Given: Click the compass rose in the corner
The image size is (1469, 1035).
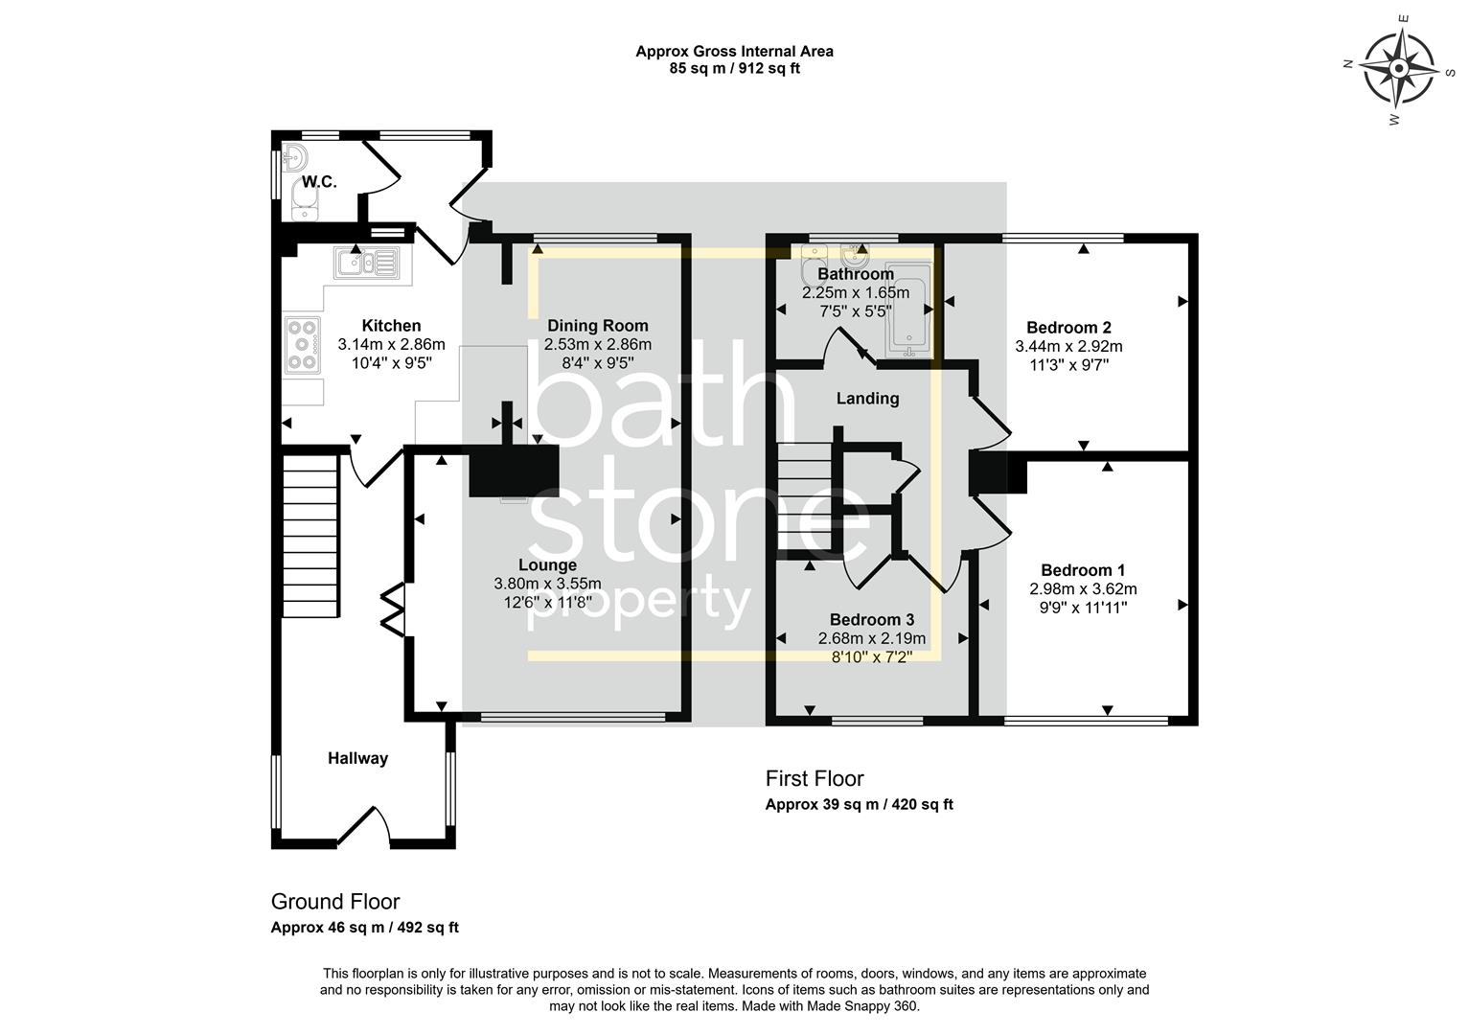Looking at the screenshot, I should tap(1398, 69).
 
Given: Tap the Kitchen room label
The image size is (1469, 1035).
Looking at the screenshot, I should tap(391, 326).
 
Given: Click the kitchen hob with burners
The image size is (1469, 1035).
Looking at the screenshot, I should tap(303, 343).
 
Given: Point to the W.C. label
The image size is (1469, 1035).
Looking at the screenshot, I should tap(320, 182).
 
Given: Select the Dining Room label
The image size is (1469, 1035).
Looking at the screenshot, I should tap(597, 326).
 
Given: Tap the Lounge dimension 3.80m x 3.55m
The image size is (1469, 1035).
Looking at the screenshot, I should tap(547, 584).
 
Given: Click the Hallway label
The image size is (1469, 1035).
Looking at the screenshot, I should tap(357, 758).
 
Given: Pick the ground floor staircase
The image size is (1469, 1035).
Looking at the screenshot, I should tap(310, 537).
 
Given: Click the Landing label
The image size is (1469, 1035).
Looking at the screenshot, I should tap(867, 399).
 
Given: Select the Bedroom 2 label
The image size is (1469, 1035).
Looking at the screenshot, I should tap(1068, 328).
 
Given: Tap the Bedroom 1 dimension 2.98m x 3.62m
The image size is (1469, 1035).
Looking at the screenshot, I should tap(1083, 589).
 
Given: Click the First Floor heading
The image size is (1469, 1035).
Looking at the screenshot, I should tap(815, 779).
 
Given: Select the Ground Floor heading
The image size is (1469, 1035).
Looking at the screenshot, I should tap(335, 902).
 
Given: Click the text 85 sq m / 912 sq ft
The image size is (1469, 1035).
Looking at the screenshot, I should tap(734, 68).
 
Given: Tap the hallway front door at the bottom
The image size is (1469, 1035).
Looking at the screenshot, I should tap(363, 829).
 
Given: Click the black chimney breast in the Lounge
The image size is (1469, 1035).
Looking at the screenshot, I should tap(514, 471).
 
